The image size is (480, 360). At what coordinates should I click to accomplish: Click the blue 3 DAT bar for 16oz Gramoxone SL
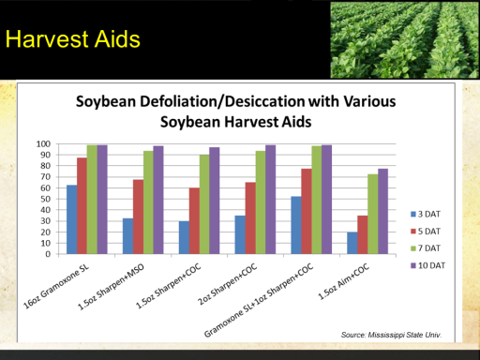pos(71,219)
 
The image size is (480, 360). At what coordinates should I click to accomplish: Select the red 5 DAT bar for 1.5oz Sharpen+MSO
pos(138,217)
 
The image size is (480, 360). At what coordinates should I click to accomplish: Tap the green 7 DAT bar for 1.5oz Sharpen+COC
pos(204,204)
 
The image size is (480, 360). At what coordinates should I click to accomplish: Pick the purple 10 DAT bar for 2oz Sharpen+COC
pos(271,200)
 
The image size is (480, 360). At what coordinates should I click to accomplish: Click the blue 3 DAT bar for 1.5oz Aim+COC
pos(352,243)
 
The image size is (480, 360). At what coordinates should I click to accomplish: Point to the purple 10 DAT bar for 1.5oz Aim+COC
pos(382,211)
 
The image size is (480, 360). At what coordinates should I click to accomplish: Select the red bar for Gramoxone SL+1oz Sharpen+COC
pos(307,211)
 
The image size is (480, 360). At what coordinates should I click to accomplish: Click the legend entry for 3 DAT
pos(426,214)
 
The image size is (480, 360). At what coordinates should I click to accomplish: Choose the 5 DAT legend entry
pos(426,232)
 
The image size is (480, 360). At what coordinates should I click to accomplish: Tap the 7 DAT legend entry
pos(426,248)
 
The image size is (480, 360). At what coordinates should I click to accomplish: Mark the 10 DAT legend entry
pos(427,265)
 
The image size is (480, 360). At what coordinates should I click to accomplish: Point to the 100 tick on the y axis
pos(43,144)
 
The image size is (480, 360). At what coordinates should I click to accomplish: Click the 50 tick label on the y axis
pos(45,199)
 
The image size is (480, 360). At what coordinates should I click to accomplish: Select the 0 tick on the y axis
pos(48,254)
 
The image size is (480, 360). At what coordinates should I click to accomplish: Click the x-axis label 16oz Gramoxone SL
pos(56,287)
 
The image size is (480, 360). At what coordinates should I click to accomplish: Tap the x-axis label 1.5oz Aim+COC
pos(343,281)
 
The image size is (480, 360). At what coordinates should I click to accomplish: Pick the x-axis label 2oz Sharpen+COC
pos(227,284)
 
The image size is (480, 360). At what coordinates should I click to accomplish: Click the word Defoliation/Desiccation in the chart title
pos(222,101)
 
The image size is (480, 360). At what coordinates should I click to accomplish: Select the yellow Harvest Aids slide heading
pos(73,39)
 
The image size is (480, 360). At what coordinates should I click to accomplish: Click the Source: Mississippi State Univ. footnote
pos(391,335)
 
